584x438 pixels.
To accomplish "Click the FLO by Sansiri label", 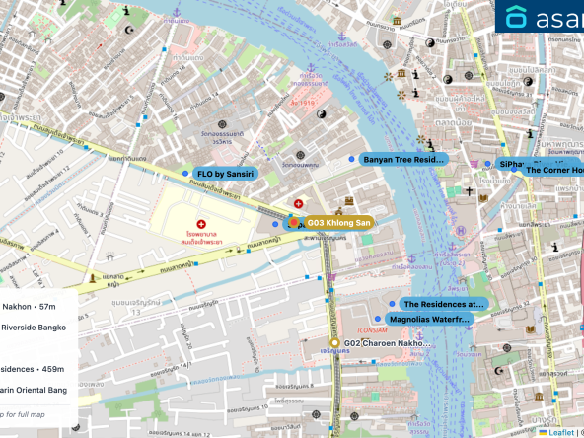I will pyautogui.click(x=226, y=174).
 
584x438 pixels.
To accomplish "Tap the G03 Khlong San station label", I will pyautogui.click(x=338, y=223).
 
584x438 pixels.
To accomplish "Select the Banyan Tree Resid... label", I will pyautogui.click(x=404, y=159).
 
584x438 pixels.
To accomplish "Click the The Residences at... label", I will pyautogui.click(x=444, y=304).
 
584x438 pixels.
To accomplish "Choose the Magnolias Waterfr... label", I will pyautogui.click(x=430, y=320).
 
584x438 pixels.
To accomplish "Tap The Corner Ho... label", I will pyautogui.click(x=553, y=170).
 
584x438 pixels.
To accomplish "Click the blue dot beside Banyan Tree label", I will pyautogui.click(x=350, y=159).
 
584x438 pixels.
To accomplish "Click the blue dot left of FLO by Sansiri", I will pyautogui.click(x=184, y=174).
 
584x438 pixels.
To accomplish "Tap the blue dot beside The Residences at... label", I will pyautogui.click(x=392, y=304).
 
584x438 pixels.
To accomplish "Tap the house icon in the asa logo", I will pyautogui.click(x=517, y=17).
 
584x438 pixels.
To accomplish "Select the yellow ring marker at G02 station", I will pyautogui.click(x=334, y=343).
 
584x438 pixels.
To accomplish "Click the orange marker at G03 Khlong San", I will pyautogui.click(x=294, y=223).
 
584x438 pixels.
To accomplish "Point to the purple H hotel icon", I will pyautogui.click(x=460, y=231).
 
